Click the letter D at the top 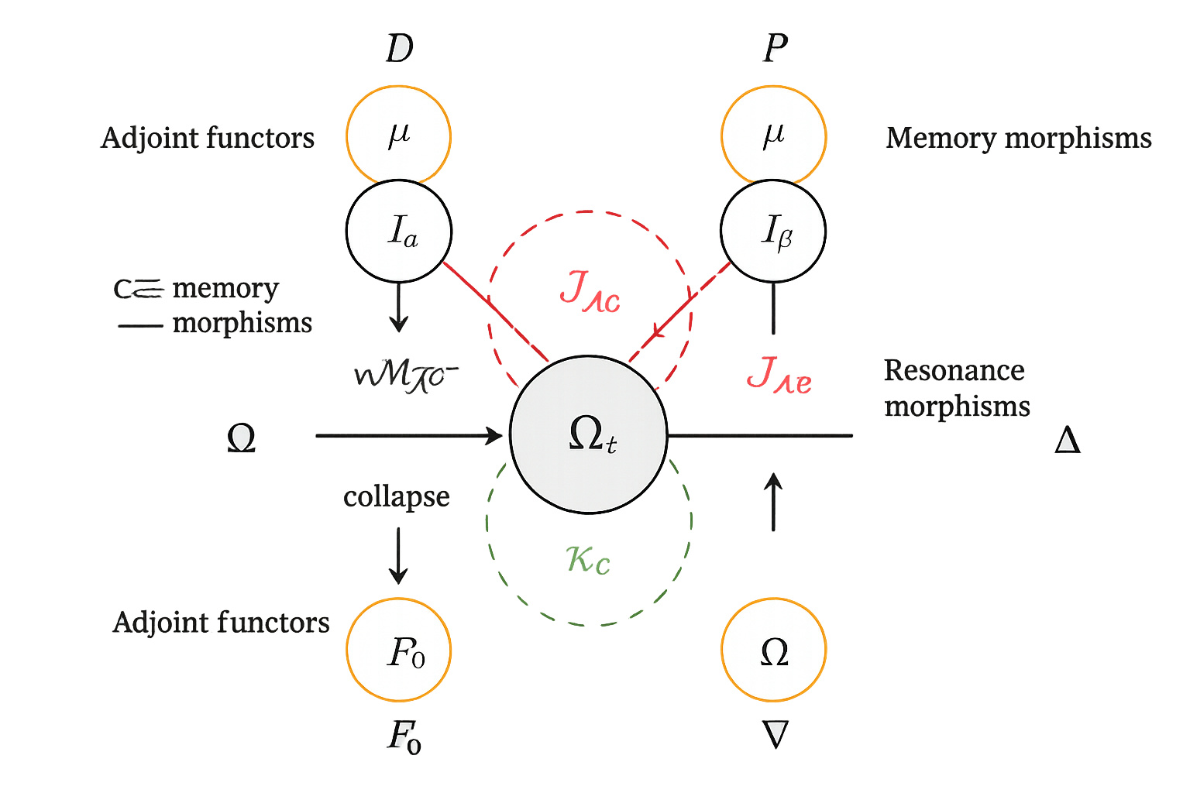click(400, 49)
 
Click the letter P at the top click(775, 49)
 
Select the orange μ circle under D click(398, 136)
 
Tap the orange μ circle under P click(773, 136)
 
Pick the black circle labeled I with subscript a click(399, 231)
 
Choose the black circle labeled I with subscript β click(773, 231)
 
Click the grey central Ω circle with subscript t click(589, 434)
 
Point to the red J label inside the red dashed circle click(590, 291)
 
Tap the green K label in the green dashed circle click(588, 559)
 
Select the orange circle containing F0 click(398, 650)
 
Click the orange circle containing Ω click(773, 650)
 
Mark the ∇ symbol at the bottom click(776, 734)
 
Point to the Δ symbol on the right click(1068, 441)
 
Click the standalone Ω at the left click(241, 438)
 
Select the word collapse click(396, 496)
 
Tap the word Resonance click(954, 370)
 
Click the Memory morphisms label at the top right click(1018, 138)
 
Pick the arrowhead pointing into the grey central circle click(494, 436)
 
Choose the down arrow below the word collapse click(398, 556)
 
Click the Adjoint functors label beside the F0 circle click(221, 623)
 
